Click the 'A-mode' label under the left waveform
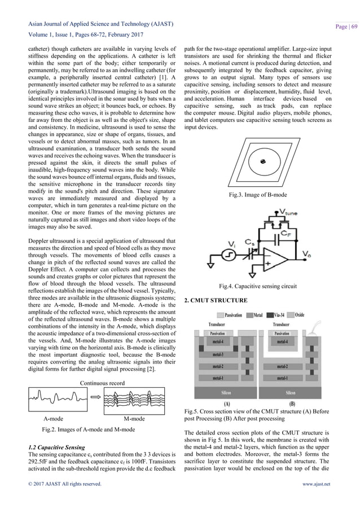pyautogui.click(x=53, y=419)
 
